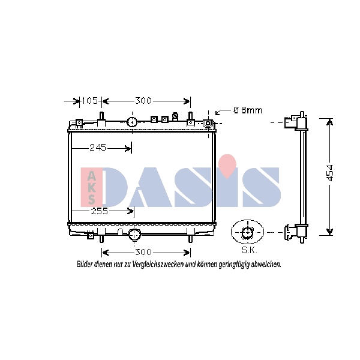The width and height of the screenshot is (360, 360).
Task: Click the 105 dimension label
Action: coord(89,101)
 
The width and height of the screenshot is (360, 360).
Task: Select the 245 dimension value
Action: coord(98,148)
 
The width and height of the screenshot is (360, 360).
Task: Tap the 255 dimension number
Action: coord(100,211)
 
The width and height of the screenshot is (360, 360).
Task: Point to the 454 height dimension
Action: coord(329,173)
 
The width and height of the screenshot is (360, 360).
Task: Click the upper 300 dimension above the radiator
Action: coord(143,101)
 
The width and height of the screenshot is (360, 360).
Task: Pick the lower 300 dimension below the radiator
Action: coord(143,252)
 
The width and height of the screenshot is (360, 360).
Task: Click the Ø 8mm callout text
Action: coord(247,110)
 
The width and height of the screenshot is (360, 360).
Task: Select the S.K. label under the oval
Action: coord(250,250)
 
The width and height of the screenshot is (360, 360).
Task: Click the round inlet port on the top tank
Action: coord(132,122)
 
